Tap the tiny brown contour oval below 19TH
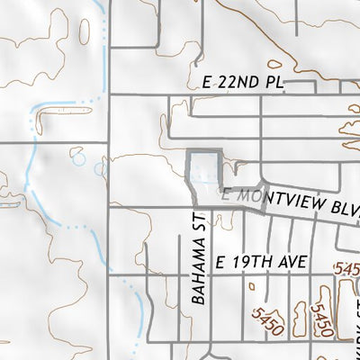click(252, 288)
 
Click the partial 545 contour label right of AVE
click(346, 268)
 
